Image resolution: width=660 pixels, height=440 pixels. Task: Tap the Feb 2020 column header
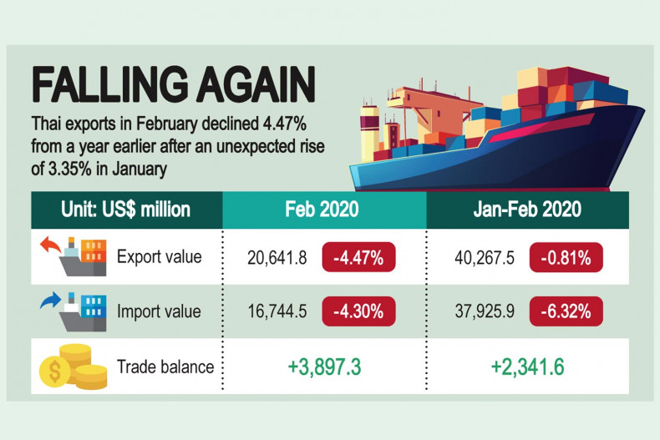(x=324, y=209)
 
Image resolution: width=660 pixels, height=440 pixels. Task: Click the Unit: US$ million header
(x=126, y=209)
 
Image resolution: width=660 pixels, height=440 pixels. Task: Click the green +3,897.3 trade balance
(x=324, y=367)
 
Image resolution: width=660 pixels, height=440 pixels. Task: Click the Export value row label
(x=160, y=257)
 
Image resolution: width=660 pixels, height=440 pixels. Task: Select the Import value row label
(x=160, y=311)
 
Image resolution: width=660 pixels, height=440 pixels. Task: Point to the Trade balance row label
(x=165, y=367)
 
